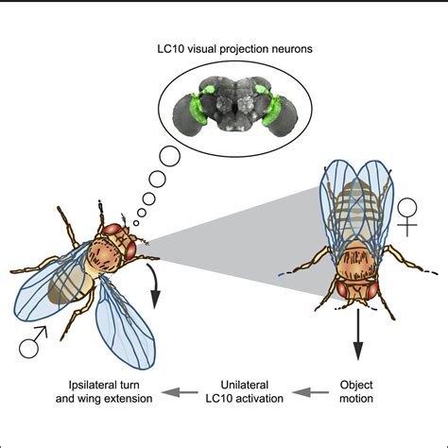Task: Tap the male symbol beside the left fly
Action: [33, 350]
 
